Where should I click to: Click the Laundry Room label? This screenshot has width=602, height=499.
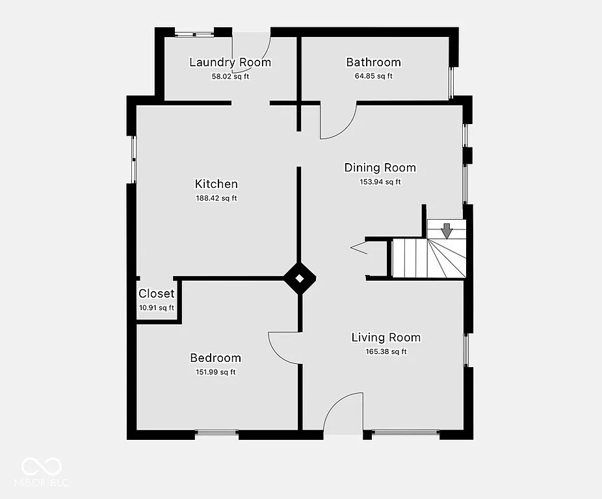pyautogui.click(x=229, y=62)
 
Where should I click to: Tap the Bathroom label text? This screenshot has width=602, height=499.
pyautogui.click(x=373, y=62)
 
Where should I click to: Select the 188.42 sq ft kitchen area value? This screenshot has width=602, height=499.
pyautogui.click(x=216, y=198)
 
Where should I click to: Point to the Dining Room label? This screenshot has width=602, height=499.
pyautogui.click(x=380, y=168)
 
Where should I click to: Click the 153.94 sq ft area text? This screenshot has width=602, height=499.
pyautogui.click(x=380, y=182)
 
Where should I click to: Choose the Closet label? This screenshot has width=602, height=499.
pyautogui.click(x=156, y=294)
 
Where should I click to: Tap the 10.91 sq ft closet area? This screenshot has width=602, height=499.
pyautogui.click(x=156, y=308)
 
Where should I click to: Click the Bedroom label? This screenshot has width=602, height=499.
pyautogui.click(x=215, y=358)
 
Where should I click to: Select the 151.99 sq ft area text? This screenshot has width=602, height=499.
pyautogui.click(x=215, y=372)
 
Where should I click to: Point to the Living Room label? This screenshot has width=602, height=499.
pyautogui.click(x=386, y=337)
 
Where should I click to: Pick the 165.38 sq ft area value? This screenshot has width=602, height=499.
pyautogui.click(x=386, y=352)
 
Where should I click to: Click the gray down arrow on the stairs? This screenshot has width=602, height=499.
pyautogui.click(x=446, y=230)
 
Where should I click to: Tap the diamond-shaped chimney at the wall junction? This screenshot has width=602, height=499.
pyautogui.click(x=300, y=279)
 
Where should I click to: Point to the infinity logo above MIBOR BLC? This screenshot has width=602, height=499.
pyautogui.click(x=42, y=466)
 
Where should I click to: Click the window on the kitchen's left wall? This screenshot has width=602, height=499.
pyautogui.click(x=133, y=159)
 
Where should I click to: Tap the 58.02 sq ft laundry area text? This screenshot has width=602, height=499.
pyautogui.click(x=230, y=76)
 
